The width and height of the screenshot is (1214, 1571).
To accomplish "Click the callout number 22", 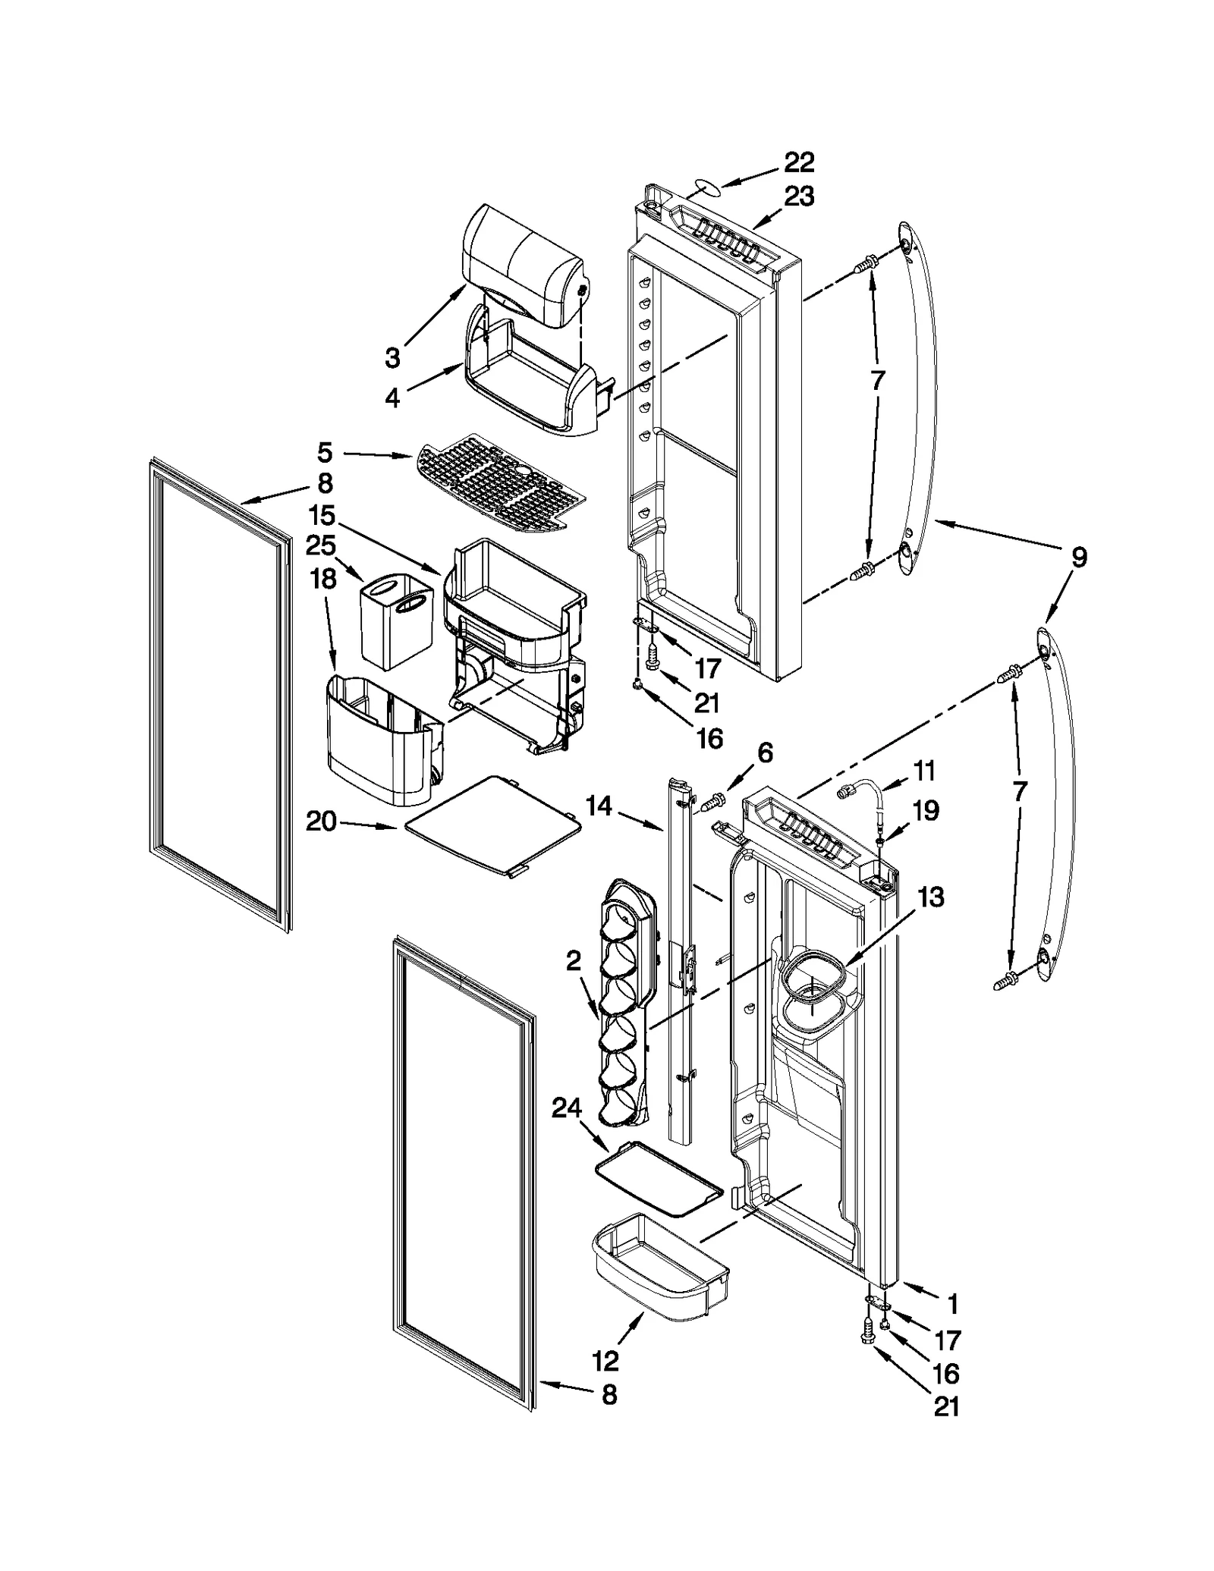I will point(798,162).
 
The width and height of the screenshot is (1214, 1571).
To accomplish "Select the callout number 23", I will point(798,196).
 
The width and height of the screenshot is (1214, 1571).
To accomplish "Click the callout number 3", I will point(392,357).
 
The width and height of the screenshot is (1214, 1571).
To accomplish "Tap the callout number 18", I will point(323,579).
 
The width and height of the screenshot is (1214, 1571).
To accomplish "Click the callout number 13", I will point(930,897).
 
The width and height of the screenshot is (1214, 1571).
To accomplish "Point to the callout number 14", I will point(599,806).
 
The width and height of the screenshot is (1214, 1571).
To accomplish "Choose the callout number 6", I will point(765,753).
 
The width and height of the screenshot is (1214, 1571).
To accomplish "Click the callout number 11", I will point(923,771).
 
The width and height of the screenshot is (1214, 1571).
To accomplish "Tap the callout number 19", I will point(925,811).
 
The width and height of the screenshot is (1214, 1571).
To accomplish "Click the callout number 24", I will point(566,1109).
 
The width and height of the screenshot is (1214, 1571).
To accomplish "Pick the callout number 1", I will point(952,1304).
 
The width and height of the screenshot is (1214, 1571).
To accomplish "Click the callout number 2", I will point(573,961).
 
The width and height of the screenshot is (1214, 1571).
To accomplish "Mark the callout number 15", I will point(322,516).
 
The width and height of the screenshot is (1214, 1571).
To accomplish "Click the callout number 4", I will point(392,397).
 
